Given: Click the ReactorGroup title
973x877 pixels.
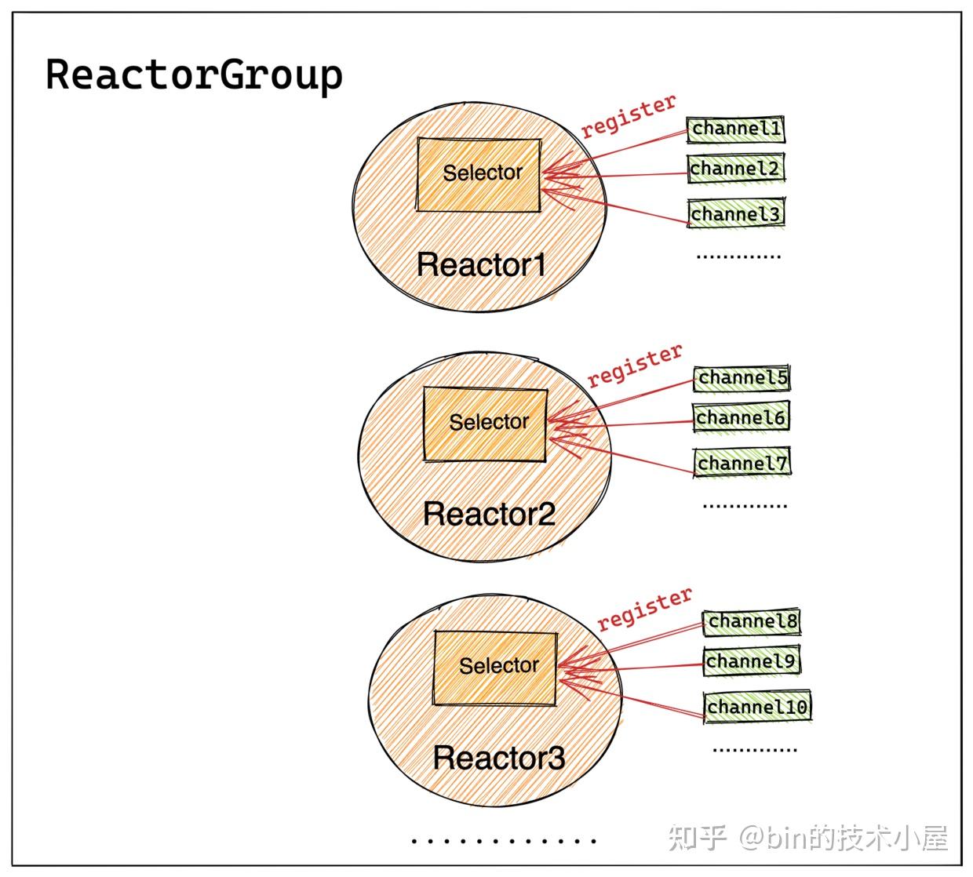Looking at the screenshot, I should (194, 76).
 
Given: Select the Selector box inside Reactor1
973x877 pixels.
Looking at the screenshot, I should (479, 174).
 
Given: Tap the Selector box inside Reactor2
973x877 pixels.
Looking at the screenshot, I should (485, 424).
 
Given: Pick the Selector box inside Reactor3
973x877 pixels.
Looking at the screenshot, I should (496, 668).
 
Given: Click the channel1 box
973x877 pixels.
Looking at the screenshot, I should (736, 129).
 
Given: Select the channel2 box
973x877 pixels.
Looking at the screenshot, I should (735, 169).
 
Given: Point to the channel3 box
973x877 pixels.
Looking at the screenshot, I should (736, 213).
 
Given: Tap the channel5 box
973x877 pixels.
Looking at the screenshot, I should (742, 378).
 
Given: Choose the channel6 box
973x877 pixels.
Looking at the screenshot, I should (741, 418).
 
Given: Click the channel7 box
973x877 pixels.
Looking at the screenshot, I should (742, 464).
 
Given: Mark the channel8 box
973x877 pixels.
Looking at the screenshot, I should (752, 622).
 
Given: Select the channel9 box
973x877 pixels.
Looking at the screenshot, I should (751, 662).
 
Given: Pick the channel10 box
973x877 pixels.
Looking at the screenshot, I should (756, 708).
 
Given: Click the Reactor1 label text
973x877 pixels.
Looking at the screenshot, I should (480, 265).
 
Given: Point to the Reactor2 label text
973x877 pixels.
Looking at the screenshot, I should (489, 515).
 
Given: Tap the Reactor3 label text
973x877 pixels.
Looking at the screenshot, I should (498, 759).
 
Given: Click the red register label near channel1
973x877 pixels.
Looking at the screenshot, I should (628, 116).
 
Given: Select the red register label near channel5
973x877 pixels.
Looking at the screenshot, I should (635, 365).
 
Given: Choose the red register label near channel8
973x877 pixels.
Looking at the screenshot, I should (644, 609).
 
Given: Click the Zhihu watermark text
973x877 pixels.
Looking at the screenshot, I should (808, 839).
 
